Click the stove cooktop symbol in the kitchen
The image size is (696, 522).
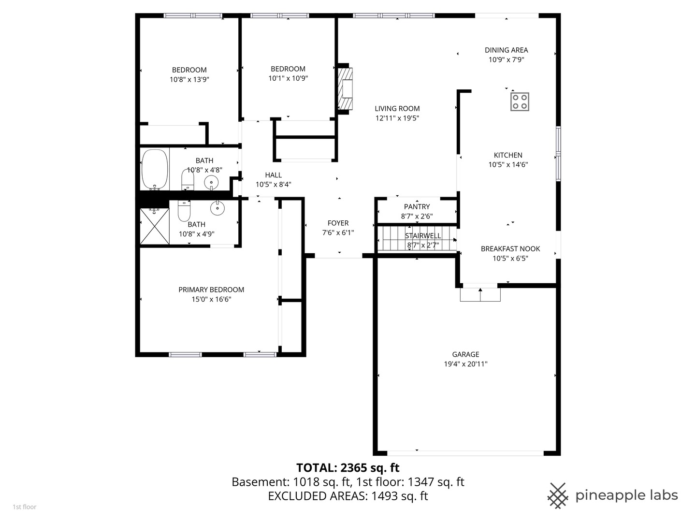520,101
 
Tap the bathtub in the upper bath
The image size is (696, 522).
155,170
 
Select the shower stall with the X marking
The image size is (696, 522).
155,226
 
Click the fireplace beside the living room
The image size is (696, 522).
346,88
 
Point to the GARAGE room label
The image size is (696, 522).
465,354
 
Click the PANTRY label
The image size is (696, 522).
417,207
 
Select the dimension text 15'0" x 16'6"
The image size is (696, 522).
211,299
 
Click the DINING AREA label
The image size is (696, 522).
506,50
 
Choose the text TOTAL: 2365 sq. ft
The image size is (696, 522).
348,467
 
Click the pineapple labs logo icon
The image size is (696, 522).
557,495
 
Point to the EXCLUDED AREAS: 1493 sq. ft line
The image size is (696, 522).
348,496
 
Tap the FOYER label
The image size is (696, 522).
338,223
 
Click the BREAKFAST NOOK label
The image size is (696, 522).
510,248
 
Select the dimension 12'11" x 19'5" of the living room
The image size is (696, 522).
397,118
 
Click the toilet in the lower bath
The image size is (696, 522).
184,210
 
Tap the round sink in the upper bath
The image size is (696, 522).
211,183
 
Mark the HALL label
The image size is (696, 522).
273,175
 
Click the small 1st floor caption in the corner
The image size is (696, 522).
24,507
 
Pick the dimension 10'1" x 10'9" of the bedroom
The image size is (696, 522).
288,78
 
